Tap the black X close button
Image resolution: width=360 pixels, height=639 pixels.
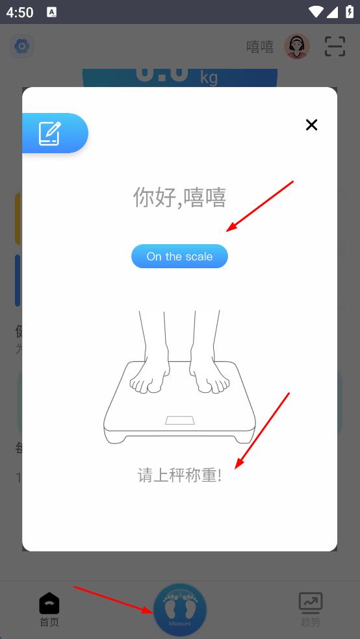coord(311,125)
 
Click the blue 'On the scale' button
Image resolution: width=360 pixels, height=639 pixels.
coord(179,257)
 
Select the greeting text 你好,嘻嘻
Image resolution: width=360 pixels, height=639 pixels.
coord(179,197)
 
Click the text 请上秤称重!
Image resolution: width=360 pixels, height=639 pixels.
coord(179,475)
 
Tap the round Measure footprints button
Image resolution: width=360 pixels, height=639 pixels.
coord(180,610)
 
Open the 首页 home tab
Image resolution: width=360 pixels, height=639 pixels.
coord(49,610)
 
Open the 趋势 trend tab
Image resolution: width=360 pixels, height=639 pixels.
coord(310,610)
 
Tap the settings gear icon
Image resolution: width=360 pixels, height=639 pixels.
coord(22,46)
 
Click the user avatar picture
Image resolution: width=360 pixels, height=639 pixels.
coord(297,46)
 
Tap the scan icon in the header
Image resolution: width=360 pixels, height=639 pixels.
coord(335,46)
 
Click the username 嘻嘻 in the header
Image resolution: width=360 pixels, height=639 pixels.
coord(260,47)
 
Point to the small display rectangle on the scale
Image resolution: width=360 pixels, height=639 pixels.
coord(180,420)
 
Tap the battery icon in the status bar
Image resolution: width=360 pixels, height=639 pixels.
coord(350,12)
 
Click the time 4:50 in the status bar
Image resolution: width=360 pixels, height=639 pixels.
coord(20,12)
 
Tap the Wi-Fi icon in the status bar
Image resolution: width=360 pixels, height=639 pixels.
coord(316,12)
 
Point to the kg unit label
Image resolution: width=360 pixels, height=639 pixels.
coord(209,78)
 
